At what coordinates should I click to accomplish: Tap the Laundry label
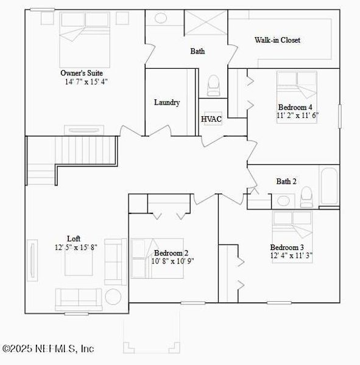(x=166, y=103)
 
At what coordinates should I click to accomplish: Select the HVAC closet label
(x=211, y=119)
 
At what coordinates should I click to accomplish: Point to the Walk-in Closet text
(x=277, y=40)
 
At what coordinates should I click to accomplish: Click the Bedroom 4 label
(x=295, y=107)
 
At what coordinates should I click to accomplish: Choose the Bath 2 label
(x=286, y=181)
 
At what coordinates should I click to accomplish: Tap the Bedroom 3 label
(x=287, y=248)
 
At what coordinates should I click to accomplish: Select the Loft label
(x=74, y=238)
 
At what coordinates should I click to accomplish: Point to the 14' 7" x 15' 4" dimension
(x=87, y=82)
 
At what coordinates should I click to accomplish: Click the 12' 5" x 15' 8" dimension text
(x=76, y=247)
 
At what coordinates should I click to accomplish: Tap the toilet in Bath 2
(x=306, y=196)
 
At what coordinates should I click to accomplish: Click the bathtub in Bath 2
(x=328, y=186)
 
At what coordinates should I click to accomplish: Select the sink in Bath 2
(x=283, y=200)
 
